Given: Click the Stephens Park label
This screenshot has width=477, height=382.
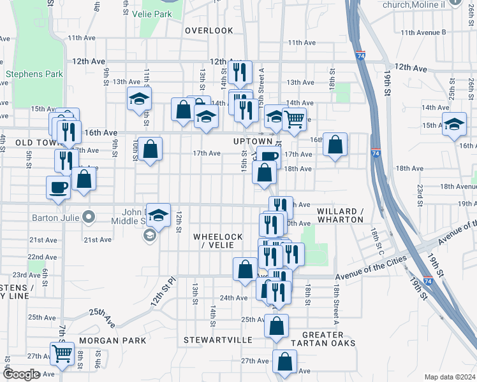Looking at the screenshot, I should tap(34, 74).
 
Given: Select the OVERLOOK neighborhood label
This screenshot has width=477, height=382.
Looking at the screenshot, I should tap(209, 31).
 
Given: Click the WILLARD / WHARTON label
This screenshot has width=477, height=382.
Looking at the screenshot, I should tap(341, 215).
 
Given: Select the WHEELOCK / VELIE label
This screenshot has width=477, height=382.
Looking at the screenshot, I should tap(218, 241).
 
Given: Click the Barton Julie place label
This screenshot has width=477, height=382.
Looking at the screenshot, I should tap(54, 217).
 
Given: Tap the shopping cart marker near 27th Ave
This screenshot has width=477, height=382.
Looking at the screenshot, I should tap(62, 353).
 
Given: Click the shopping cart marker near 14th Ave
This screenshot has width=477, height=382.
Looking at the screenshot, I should tap(294, 118).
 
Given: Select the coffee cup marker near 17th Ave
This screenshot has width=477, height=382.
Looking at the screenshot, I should tap(269, 157).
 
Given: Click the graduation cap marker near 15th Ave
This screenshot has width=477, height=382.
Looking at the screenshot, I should tap(455, 125).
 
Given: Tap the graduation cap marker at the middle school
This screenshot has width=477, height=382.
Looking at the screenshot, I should tap(158, 216).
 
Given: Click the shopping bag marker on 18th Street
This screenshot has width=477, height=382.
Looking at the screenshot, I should tap(335, 145).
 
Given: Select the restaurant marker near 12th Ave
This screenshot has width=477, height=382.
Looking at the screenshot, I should tap(240, 73).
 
